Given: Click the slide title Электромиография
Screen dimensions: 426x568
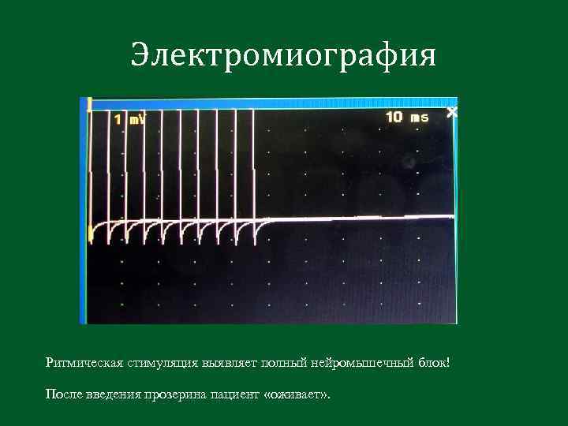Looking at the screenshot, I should [x=283, y=56].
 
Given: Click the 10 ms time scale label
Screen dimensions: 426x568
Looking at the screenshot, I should [x=407, y=118].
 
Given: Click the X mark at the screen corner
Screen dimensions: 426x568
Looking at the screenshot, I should [x=451, y=113].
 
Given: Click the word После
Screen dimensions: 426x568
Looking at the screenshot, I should [x=63, y=394].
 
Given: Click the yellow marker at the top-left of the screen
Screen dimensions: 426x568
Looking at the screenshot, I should [x=90, y=103].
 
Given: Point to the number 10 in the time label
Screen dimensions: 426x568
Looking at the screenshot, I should [x=394, y=118].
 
